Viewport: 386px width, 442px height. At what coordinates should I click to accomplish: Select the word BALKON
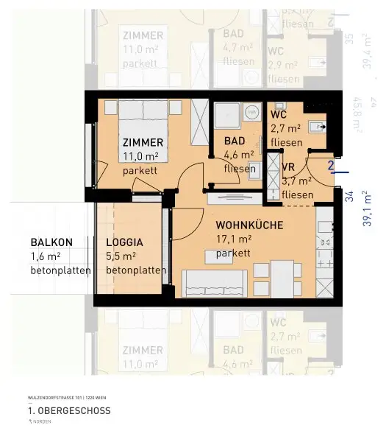pyautogui.click(x=51, y=242)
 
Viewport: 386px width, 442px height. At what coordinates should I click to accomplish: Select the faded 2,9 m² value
pyautogui.click(x=282, y=65)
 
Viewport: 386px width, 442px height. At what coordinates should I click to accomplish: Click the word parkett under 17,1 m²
pyautogui.click(x=233, y=253)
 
